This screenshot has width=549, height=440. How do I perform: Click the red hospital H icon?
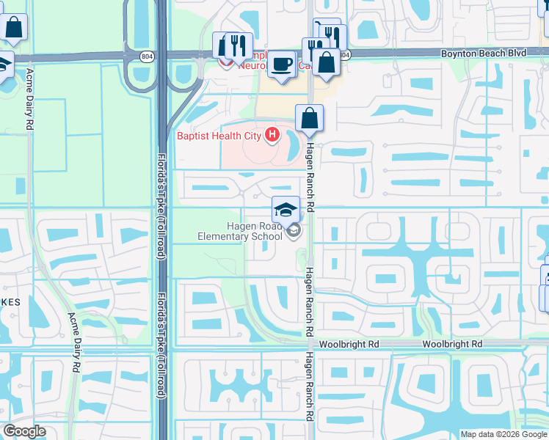[272, 135]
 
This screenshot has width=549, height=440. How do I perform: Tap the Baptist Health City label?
[220, 136]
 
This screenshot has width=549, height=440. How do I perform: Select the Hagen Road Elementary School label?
[240, 231]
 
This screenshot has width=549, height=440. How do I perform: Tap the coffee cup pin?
[281, 65]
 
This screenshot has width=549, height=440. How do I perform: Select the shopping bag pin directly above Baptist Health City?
[310, 117]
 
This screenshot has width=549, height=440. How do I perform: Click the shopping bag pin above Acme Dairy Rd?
[14, 29]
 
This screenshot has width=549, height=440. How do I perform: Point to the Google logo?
[24, 431]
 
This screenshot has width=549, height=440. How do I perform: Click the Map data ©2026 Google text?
[503, 433]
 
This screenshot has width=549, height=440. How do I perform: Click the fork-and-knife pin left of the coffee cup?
[238, 46]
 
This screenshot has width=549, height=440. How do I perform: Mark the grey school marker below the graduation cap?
[294, 232]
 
